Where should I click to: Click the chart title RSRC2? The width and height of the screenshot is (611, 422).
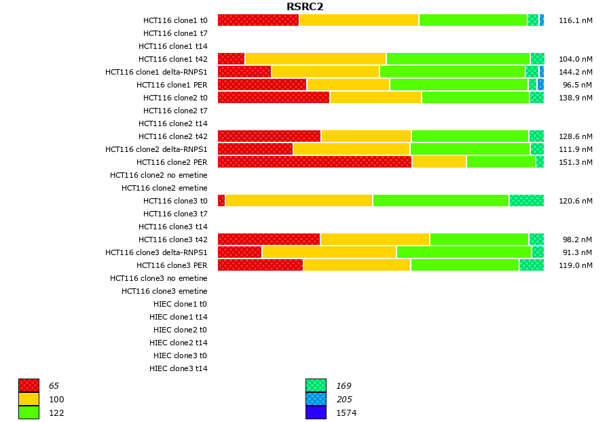(x=305, y=7)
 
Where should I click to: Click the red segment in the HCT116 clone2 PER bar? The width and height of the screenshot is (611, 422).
(x=314, y=162)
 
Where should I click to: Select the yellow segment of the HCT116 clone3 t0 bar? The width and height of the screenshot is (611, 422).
(x=299, y=201)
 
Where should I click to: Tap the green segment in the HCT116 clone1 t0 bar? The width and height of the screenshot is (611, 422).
(x=473, y=20)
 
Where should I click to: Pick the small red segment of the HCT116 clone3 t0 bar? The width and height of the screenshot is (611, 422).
(x=221, y=201)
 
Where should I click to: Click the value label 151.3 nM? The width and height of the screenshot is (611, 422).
(x=576, y=162)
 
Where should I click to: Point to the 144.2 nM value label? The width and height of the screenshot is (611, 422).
(x=576, y=72)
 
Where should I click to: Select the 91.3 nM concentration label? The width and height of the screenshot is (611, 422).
(x=578, y=252)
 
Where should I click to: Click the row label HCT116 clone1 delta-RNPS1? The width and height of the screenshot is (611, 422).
(x=156, y=72)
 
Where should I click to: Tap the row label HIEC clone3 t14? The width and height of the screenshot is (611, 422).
(x=179, y=368)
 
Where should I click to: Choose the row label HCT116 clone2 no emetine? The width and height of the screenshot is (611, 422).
(x=159, y=175)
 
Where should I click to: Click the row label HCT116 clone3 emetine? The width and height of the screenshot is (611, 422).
(x=164, y=291)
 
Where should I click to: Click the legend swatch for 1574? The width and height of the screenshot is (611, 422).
(x=316, y=413)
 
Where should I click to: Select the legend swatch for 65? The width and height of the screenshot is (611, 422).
(x=29, y=385)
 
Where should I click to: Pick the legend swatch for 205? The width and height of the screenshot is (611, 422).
(x=316, y=399)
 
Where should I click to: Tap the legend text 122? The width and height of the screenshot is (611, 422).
(x=56, y=413)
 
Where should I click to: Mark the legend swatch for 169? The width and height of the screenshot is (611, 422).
(x=316, y=385)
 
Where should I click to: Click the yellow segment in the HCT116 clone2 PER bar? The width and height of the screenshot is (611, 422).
(x=439, y=162)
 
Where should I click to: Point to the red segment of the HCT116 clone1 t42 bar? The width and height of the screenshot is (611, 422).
(x=231, y=59)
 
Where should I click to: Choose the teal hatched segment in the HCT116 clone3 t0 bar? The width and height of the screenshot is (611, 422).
(x=527, y=201)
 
